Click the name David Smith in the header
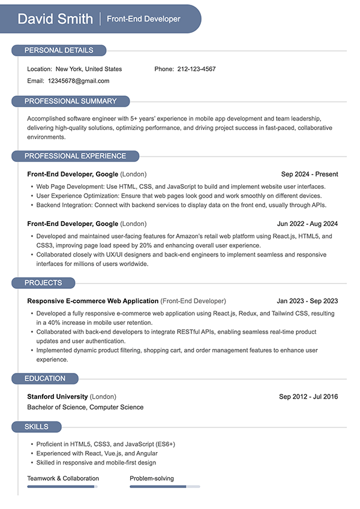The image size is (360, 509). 55,19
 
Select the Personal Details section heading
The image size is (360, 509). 59,50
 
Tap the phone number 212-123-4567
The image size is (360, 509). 196,69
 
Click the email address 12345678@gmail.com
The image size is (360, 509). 79,80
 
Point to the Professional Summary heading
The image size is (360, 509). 70,101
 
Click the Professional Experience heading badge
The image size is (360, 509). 75,156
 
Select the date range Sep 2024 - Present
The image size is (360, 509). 310,174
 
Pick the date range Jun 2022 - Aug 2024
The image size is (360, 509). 307,224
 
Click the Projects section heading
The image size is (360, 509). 43,283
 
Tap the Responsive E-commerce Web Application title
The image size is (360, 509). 93,301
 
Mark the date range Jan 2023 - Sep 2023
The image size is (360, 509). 307,301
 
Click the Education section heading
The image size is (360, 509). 45,379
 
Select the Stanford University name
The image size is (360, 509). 58,396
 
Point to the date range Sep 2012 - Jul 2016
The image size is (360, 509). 308,396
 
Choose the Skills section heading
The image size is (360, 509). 37,427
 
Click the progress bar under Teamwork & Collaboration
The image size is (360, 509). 62,486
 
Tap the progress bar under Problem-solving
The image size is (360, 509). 164,486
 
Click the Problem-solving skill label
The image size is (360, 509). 152,478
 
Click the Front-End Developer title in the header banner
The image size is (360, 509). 143,19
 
